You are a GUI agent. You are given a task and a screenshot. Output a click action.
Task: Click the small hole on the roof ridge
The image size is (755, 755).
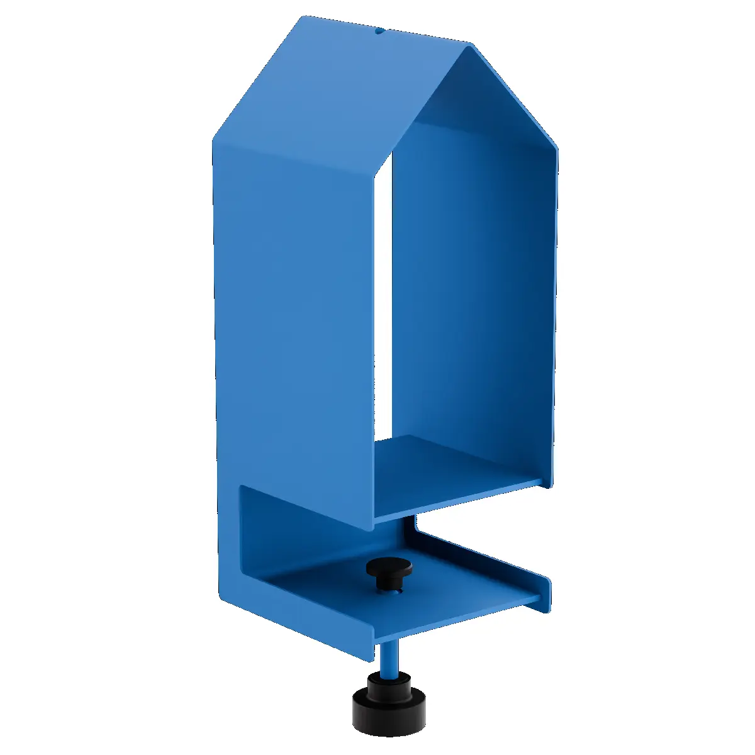pos(379,30)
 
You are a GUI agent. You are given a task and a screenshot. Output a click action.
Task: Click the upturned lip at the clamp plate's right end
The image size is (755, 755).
pos(545,593)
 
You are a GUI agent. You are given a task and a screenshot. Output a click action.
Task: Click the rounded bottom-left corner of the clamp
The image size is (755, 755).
pos(222,595)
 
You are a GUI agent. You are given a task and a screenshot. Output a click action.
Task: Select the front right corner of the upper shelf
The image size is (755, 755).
pos(541,483)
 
